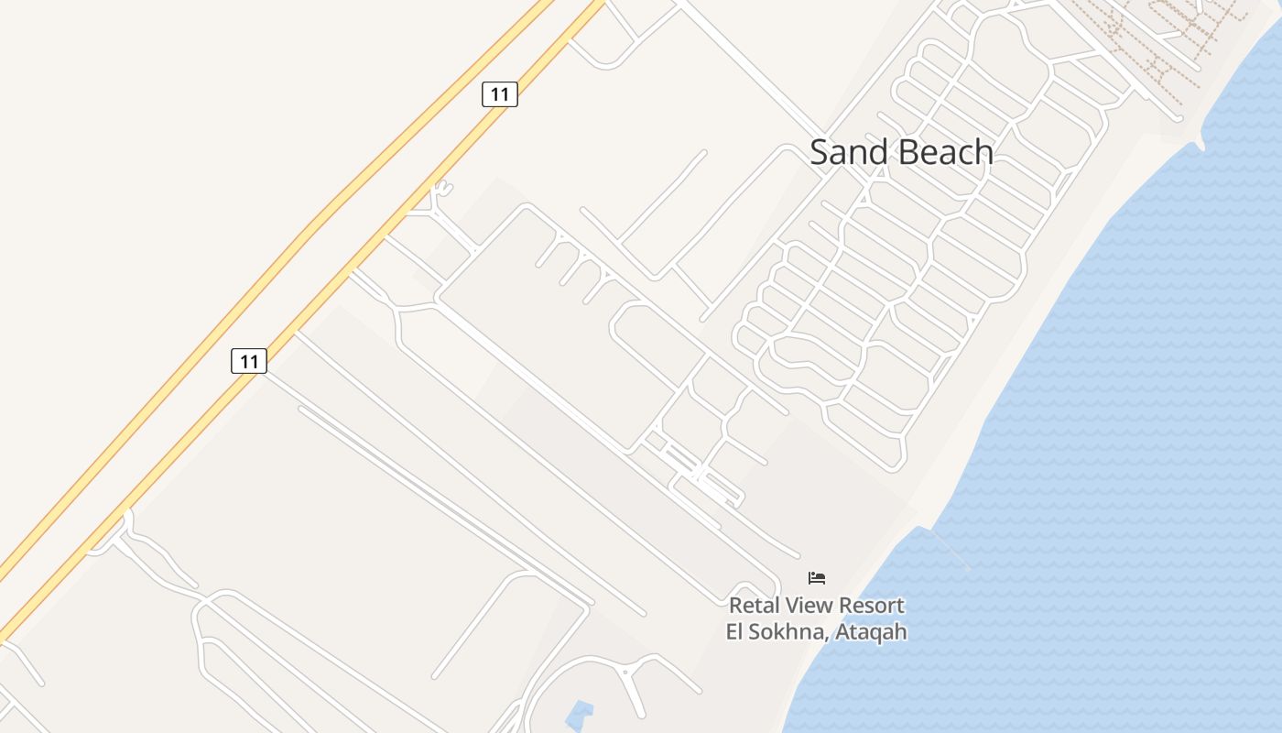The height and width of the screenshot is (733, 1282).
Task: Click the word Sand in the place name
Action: tap(842, 152)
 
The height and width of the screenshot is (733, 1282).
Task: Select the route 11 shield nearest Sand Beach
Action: tap(500, 93)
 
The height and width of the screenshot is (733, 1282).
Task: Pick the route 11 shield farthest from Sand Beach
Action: tap(249, 361)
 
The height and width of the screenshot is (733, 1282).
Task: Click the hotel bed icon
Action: tap(817, 577)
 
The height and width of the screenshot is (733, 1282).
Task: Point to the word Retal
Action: tap(752, 606)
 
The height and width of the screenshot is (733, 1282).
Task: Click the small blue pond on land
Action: tap(579, 714)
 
